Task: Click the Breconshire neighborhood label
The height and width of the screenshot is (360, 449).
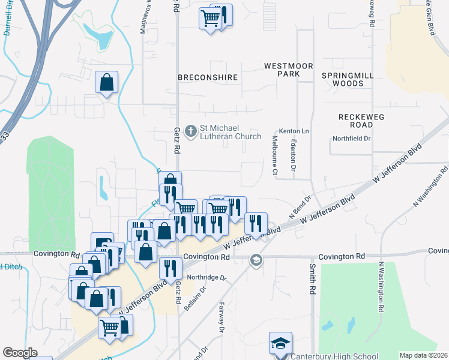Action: [x=208, y=77]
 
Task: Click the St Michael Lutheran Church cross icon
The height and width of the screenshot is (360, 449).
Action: [x=191, y=130]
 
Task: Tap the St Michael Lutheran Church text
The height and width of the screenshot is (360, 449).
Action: [x=231, y=132]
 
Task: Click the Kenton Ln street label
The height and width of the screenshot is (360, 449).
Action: [x=294, y=131]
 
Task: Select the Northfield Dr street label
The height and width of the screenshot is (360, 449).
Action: [x=352, y=139]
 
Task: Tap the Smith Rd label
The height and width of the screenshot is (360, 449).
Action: [x=313, y=279]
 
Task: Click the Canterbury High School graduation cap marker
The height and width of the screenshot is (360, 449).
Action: [x=280, y=344]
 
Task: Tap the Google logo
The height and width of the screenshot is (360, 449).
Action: [x=20, y=353]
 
